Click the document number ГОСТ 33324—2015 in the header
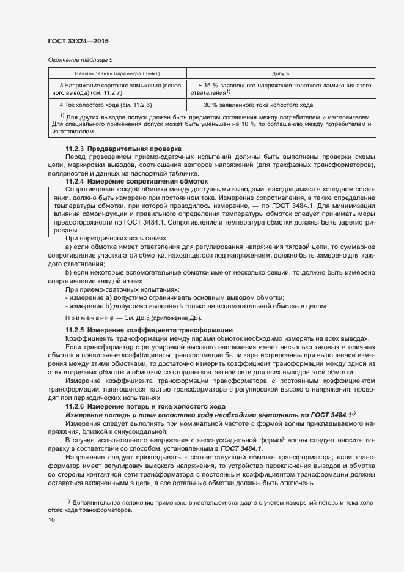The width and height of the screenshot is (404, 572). (x=78, y=41)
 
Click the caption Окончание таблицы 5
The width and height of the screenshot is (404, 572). (x=80, y=59)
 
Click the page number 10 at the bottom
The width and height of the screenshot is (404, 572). (x=51, y=520)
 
